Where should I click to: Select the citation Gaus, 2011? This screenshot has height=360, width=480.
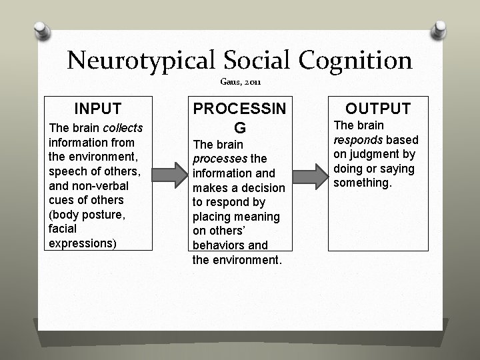click(240, 82)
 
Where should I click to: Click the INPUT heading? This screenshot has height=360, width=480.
click(97, 108)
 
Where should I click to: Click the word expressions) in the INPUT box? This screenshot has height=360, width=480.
click(82, 242)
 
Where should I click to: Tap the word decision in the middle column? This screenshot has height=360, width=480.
click(264, 187)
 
